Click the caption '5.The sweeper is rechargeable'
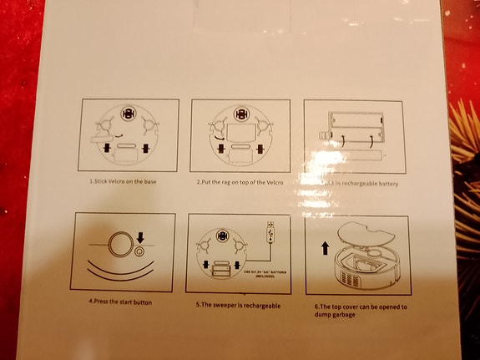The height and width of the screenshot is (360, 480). [x=238, y=305]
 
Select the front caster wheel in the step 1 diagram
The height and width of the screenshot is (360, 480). [x=127, y=113]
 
